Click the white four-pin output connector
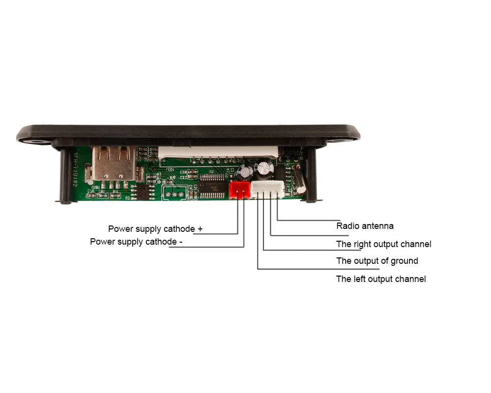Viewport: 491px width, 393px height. coord(268,189)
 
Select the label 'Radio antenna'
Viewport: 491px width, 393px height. coord(365,226)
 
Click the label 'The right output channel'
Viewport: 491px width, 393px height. coord(383,244)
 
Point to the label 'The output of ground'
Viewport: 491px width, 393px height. coord(377,261)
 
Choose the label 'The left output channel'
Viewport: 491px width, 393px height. coord(381,279)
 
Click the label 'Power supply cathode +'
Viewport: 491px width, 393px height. coord(155,229)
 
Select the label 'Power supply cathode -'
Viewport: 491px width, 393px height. coord(136,242)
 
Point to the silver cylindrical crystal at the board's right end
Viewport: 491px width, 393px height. coord(300,182)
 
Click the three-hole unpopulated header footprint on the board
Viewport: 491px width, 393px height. coord(174,193)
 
